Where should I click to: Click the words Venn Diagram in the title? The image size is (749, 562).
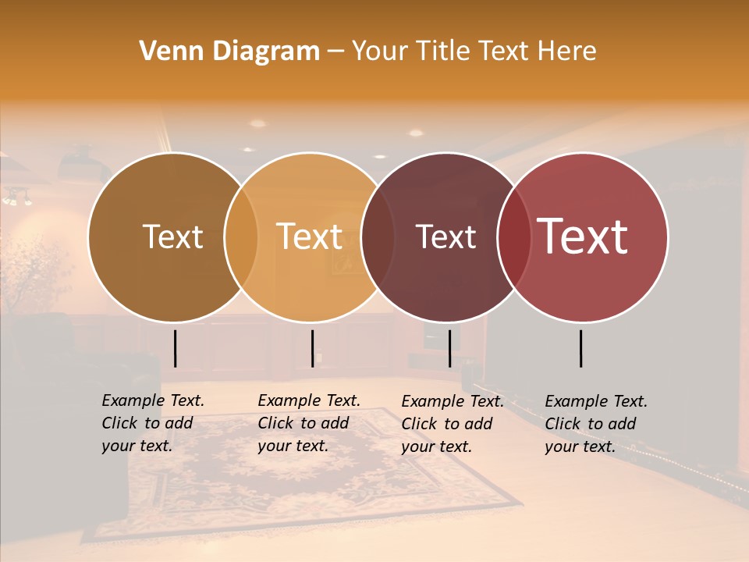229,52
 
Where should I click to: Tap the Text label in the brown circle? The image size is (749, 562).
172,237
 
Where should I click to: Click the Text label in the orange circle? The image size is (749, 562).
309,237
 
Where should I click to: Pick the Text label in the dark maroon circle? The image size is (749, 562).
445,237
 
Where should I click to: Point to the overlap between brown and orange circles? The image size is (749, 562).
241,237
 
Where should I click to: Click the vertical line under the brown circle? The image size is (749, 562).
175,348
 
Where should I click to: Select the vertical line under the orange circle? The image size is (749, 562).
312,348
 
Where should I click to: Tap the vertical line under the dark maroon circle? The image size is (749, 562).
449,348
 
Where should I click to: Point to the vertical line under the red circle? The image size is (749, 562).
581,348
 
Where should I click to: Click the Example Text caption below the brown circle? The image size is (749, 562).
153,423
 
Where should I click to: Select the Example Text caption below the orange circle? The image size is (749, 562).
309,423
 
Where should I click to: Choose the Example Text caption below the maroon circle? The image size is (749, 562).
453,424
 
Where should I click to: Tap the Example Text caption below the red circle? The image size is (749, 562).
596,424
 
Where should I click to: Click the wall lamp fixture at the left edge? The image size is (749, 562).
17,197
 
